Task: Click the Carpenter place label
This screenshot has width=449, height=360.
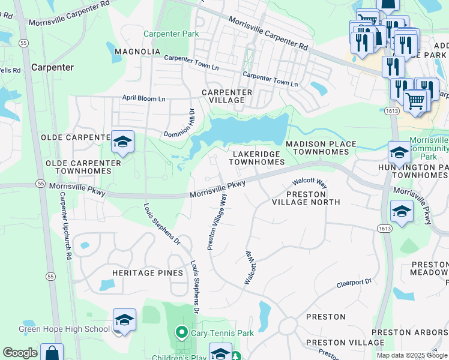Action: [53, 67]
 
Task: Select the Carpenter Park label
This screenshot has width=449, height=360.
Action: [171, 34]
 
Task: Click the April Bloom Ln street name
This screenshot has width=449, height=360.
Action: [143, 98]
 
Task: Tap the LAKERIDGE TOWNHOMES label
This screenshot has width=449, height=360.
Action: [257, 158]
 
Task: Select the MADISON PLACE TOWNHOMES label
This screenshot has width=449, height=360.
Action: [317, 148]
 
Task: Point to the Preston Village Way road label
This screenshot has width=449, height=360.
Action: [217, 221]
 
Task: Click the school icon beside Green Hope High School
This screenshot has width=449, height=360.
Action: [124, 320]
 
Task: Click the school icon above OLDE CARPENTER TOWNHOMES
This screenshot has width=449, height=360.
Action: [122, 142]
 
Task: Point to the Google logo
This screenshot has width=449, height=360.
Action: [20, 353]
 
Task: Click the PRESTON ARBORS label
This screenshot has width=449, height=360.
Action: [409, 332]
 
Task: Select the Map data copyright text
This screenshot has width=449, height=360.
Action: [412, 355]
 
